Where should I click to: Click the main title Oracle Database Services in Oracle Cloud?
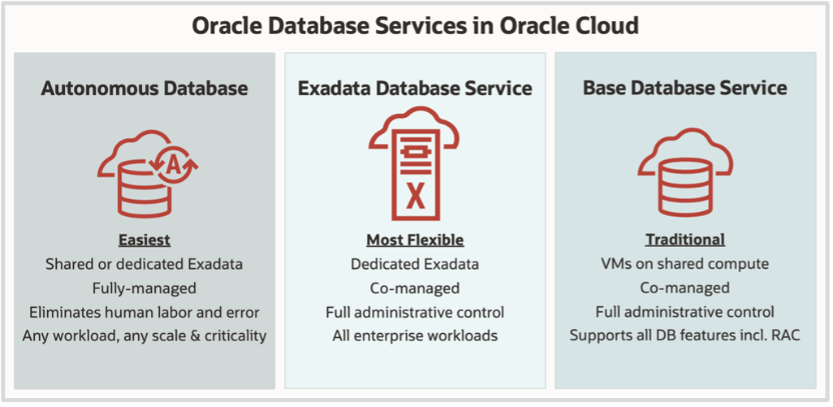[x=415, y=25]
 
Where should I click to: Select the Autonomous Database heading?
[x=145, y=88]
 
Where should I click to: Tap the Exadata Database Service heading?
[x=415, y=88]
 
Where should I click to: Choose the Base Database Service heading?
[x=684, y=88]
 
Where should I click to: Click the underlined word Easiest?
[x=145, y=240]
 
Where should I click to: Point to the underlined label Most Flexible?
[x=415, y=240]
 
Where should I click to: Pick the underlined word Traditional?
[x=684, y=240]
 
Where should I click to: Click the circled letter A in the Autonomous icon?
[x=173, y=165]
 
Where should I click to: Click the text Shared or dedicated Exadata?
[x=145, y=264]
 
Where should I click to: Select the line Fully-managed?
[x=145, y=288]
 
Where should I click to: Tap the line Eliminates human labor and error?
[x=145, y=311]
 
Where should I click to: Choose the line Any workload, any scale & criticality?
[x=145, y=335]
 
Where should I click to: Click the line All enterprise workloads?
[x=415, y=335]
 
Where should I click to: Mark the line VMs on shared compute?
[x=684, y=264]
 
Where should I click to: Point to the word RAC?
[x=786, y=335]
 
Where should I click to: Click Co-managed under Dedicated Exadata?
[x=415, y=288]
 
